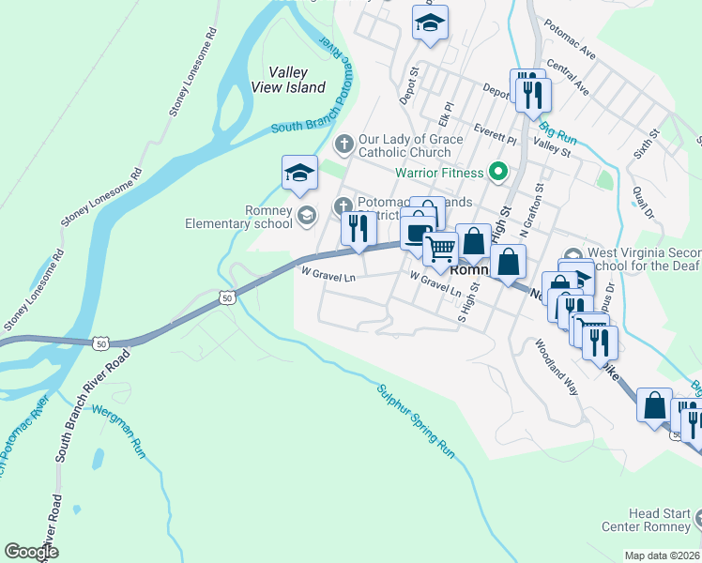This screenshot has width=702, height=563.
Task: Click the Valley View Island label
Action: pyautogui.click(x=288, y=80)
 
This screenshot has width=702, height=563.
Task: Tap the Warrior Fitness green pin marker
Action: pyautogui.click(x=499, y=173)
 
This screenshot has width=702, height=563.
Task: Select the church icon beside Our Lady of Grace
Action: pyautogui.click(x=344, y=144)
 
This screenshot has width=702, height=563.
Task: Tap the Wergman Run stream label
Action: pyautogui.click(x=119, y=431)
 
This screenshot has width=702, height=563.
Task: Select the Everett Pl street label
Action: pyautogui.click(x=496, y=132)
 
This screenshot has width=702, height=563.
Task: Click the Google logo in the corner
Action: pyautogui.click(x=31, y=552)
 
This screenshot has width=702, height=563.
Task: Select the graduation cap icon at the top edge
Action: pyautogui.click(x=430, y=23)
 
